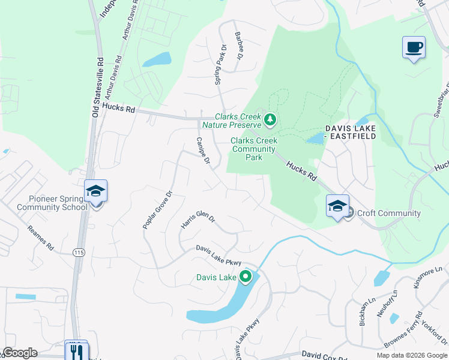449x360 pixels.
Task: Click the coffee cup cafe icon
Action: (414, 47)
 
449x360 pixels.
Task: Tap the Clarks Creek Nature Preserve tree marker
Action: (270, 121)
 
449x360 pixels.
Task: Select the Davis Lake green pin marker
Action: (245, 277)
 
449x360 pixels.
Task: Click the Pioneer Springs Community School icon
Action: (95, 191)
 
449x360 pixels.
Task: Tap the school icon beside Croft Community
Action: (337, 206)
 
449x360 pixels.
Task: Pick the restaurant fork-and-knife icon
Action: (76, 351)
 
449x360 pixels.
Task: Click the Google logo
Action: (20, 353)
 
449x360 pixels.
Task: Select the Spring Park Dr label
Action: (220, 64)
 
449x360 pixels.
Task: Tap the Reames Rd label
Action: (41, 238)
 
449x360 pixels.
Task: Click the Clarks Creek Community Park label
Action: (253, 149)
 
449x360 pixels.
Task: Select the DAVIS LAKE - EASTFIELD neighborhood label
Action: (351, 132)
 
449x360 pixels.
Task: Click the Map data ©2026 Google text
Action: (411, 355)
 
